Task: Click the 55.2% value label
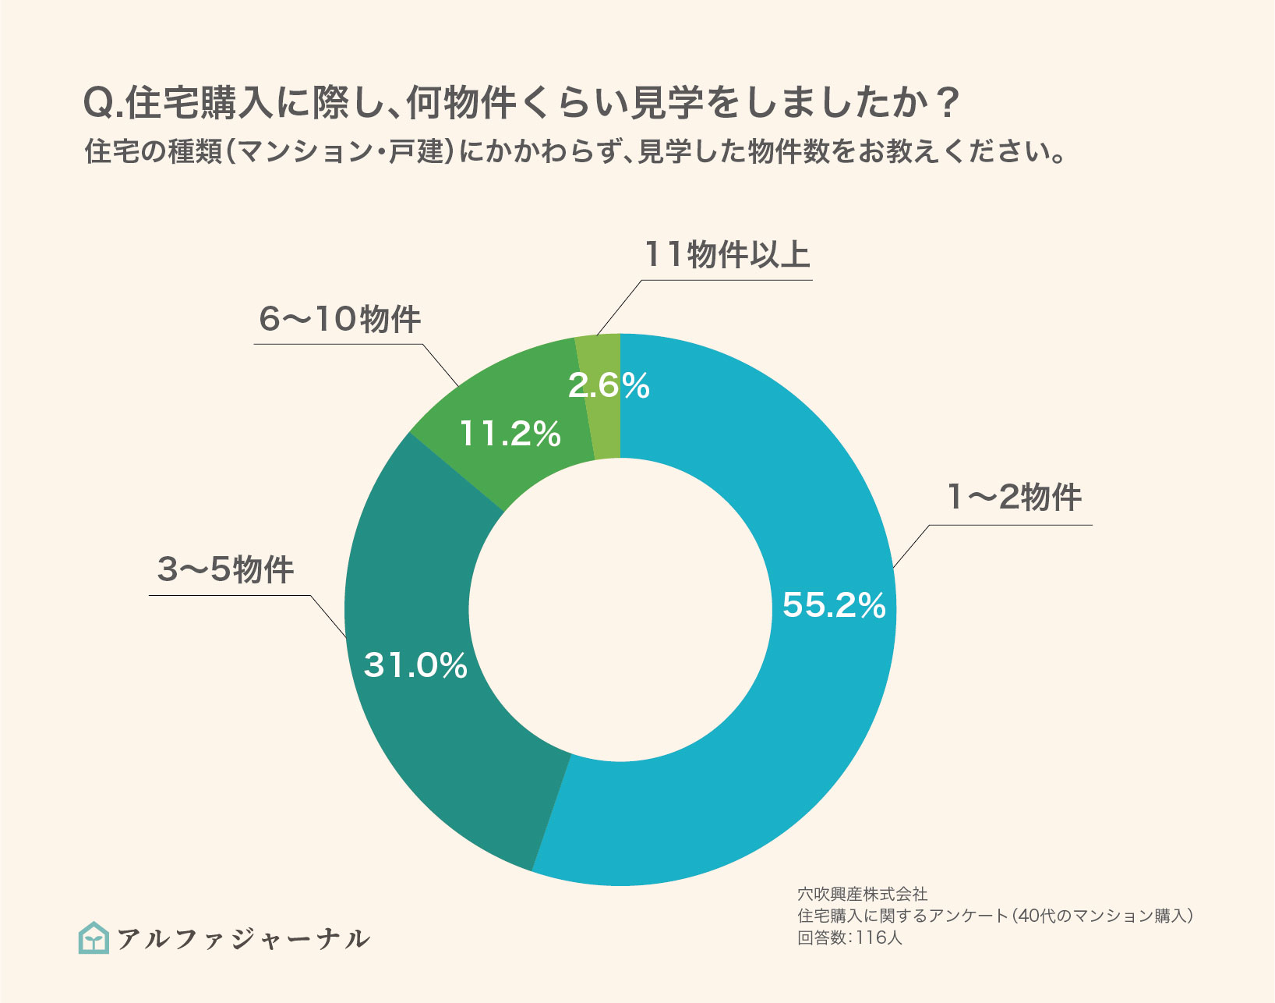(834, 605)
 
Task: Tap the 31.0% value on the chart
(415, 665)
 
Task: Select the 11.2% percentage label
(510, 434)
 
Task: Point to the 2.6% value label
(609, 385)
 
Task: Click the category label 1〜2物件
(1013, 497)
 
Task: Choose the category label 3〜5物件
(225, 569)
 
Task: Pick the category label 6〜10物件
(340, 319)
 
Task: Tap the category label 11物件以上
(726, 254)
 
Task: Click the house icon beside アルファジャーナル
(94, 937)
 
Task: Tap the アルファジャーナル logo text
(243, 938)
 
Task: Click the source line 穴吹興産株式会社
(862, 894)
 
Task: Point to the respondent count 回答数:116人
(849, 938)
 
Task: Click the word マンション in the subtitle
(305, 151)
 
